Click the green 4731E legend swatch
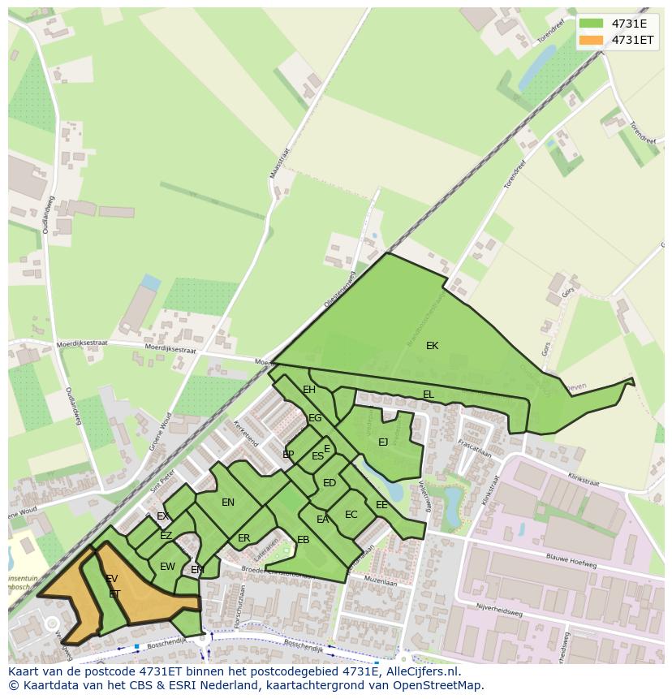point(591,24)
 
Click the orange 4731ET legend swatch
point(591,40)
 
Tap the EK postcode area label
point(432,346)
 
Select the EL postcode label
point(428,395)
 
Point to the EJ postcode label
point(383,442)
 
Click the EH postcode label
point(309,390)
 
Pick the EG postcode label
point(315,418)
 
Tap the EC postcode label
point(351,515)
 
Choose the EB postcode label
point(303,540)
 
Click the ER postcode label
point(243,538)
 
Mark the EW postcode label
point(167,567)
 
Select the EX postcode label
point(162,516)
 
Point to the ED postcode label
point(329,483)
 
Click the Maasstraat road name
point(275,163)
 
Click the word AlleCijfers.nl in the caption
point(420,671)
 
